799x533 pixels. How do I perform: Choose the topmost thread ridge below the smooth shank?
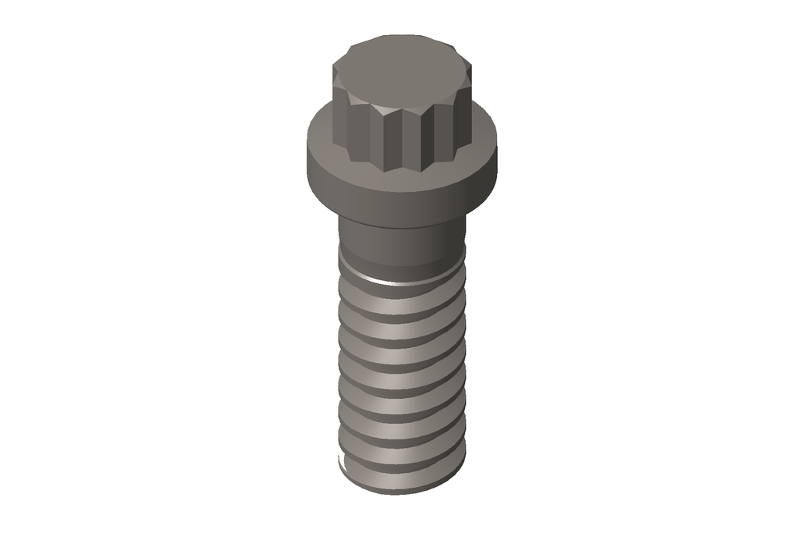(402, 293)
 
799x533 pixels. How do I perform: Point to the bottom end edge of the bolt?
(402, 492)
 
